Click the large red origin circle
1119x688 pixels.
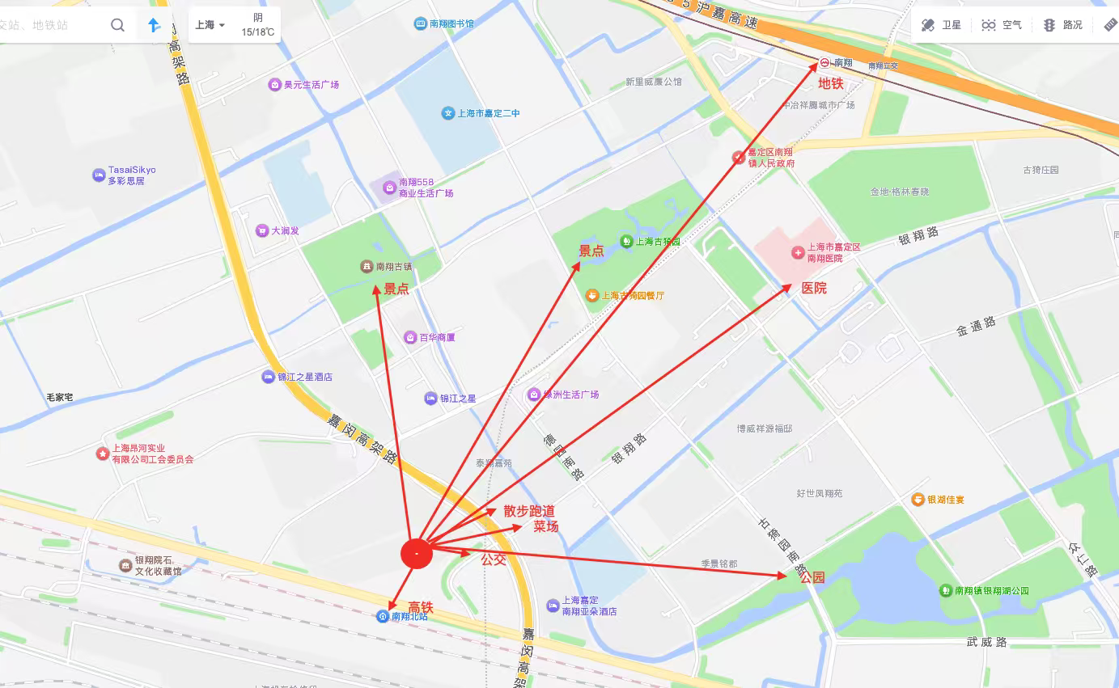(x=417, y=553)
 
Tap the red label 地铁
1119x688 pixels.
(x=830, y=82)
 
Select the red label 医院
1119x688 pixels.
(x=814, y=288)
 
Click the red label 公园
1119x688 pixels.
(x=812, y=577)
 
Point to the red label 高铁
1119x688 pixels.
(x=421, y=607)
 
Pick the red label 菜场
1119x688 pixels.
(x=545, y=526)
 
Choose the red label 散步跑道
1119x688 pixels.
(x=529, y=511)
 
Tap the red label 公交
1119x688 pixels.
(x=494, y=559)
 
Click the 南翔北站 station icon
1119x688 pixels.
(x=383, y=616)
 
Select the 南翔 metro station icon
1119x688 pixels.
(x=824, y=62)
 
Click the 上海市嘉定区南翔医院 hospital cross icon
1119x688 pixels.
(x=799, y=253)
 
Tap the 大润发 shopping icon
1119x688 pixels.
(x=261, y=230)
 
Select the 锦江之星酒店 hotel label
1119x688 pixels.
(x=304, y=377)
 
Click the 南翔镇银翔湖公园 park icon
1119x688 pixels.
(x=946, y=591)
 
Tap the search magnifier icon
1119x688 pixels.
(x=118, y=25)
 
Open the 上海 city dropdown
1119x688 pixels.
(x=210, y=25)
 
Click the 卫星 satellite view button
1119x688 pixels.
(x=941, y=25)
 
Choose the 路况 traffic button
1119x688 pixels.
(x=1062, y=25)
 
